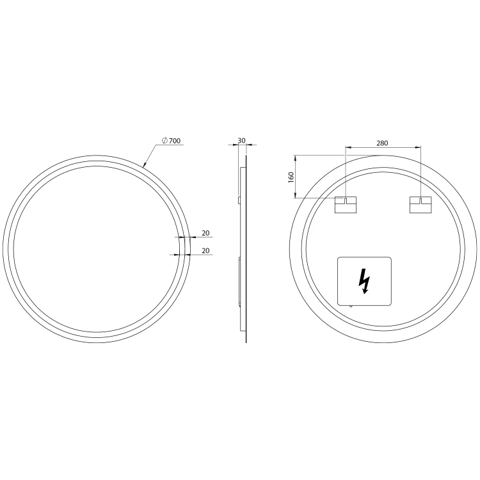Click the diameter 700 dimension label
pos(171,141)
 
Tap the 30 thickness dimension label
pos(241,141)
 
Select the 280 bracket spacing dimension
pos(382,143)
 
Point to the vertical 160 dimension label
pos(291,177)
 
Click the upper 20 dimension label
pos(205,233)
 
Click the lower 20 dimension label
pos(205,250)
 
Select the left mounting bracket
pos(346,205)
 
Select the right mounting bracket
pos(420,205)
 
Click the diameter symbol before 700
pos(164,141)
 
